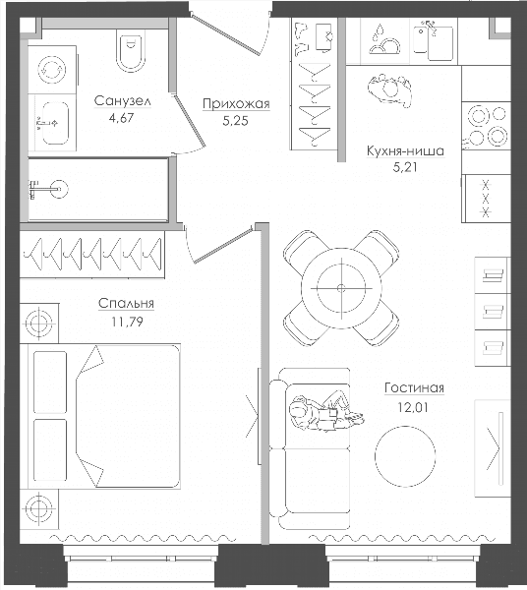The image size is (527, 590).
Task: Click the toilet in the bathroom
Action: [x=131, y=52]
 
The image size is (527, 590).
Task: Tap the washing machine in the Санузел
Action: [x=52, y=70]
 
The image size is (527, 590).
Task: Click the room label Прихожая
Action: [x=236, y=104]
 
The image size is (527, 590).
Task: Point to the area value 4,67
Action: [x=121, y=118]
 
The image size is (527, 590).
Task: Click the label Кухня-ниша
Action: [x=405, y=150]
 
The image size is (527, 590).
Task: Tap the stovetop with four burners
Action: [x=487, y=126]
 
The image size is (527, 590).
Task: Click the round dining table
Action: [x=341, y=288]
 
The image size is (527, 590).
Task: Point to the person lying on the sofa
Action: [x=325, y=412]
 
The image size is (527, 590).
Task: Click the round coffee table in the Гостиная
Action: [x=405, y=456]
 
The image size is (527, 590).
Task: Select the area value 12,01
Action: [x=413, y=407]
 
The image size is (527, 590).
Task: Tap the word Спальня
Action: [x=126, y=304]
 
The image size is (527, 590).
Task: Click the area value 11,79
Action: [x=127, y=322]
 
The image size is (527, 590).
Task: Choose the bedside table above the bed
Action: [x=38, y=323]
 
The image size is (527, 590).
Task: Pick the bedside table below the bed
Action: [x=38, y=508]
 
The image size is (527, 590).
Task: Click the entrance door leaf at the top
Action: [x=226, y=33]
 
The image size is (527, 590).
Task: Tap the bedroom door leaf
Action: [x=223, y=244]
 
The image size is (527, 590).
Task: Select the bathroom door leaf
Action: [x=188, y=117]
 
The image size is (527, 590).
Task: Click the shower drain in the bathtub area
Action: [x=59, y=189]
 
